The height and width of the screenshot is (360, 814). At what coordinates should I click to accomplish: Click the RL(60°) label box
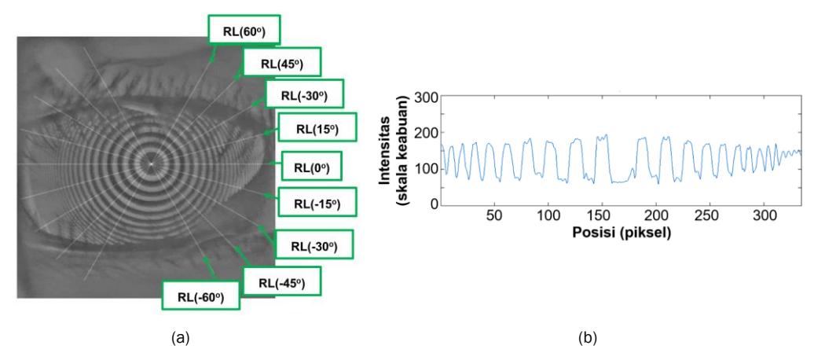(244, 30)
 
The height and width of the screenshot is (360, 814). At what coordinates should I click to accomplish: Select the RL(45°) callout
(282, 62)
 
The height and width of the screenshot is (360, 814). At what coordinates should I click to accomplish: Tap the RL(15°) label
(317, 127)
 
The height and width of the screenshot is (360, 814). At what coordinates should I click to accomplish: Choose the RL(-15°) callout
(317, 203)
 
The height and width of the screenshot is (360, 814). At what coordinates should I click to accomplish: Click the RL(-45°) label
(282, 282)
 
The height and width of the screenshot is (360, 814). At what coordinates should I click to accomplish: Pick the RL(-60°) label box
(201, 296)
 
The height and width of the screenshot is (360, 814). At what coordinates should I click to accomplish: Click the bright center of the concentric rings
(151, 164)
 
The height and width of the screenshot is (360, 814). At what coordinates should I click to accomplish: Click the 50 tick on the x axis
(494, 215)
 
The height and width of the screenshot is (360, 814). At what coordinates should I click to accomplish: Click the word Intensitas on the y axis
(385, 151)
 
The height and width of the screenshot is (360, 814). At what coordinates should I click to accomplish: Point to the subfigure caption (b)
(588, 339)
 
